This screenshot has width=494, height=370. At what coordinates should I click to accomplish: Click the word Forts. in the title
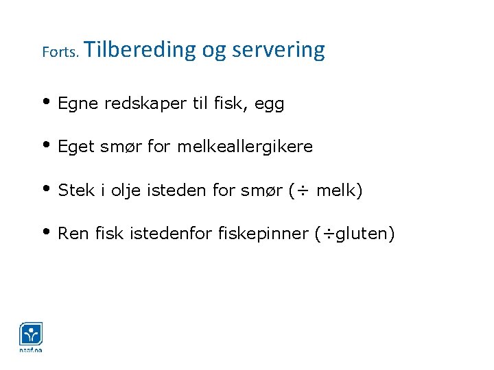[x=62, y=52]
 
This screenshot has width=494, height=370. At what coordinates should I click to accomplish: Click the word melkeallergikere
[x=245, y=147]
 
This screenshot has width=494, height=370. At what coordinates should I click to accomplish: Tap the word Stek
[x=75, y=190]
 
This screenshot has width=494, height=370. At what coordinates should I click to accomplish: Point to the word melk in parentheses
[x=336, y=190]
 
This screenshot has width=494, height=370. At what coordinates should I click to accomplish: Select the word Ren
[x=73, y=233]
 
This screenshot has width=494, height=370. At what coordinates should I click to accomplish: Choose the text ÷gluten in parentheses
[x=355, y=234]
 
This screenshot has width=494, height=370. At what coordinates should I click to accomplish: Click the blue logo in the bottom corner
[x=31, y=335]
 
